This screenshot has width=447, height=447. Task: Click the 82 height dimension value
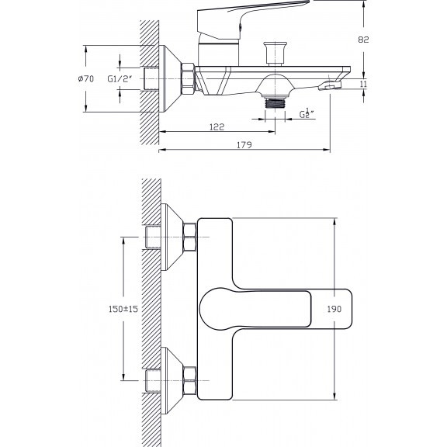coord(363,40)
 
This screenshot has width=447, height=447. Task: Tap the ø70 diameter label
coord(86,78)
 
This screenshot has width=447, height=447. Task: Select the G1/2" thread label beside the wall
coord(120,78)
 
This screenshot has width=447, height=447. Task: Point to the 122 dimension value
coord(217,126)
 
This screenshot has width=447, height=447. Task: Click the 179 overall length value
coord(244,145)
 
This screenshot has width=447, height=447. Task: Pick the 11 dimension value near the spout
coord(363,84)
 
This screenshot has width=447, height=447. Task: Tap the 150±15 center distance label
coord(123,309)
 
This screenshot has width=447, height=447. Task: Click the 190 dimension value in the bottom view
coord(334,309)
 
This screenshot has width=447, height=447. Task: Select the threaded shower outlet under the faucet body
coord(275,102)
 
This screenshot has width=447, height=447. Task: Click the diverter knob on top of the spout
coord(275,54)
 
